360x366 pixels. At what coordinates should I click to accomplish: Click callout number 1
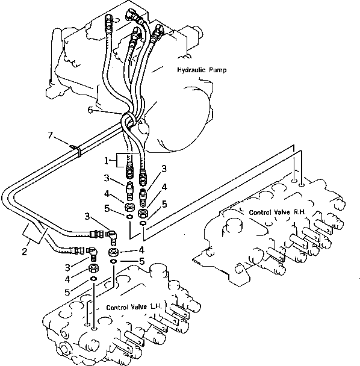coord(107,161)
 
